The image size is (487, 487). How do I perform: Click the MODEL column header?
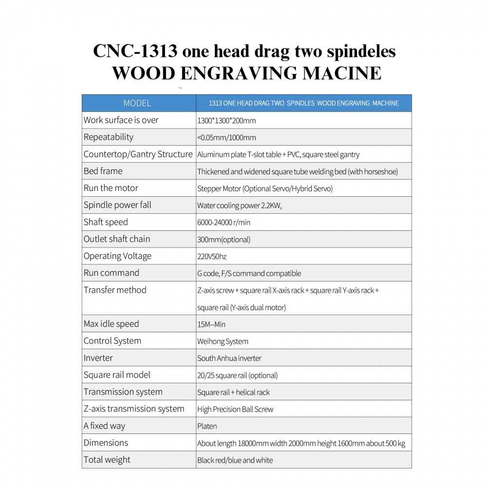(137, 103)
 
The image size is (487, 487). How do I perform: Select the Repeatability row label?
(108, 137)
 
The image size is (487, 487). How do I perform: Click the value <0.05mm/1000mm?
(226, 138)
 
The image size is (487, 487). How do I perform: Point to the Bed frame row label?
(103, 171)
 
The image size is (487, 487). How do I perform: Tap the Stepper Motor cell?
(264, 188)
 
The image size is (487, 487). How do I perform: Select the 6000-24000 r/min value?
(224, 223)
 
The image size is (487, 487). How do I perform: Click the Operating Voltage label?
(117, 256)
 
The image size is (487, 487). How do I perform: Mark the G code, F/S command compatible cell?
(249, 274)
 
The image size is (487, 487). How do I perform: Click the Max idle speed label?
(111, 324)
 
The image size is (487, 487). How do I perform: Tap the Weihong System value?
(223, 341)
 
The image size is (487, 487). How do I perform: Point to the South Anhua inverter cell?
(229, 358)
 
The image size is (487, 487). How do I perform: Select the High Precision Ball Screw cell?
(235, 410)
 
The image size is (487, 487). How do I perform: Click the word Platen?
(207, 427)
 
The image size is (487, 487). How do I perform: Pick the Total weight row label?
(107, 460)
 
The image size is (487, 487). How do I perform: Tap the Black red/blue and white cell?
(235, 460)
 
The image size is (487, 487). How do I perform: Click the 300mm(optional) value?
(224, 240)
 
